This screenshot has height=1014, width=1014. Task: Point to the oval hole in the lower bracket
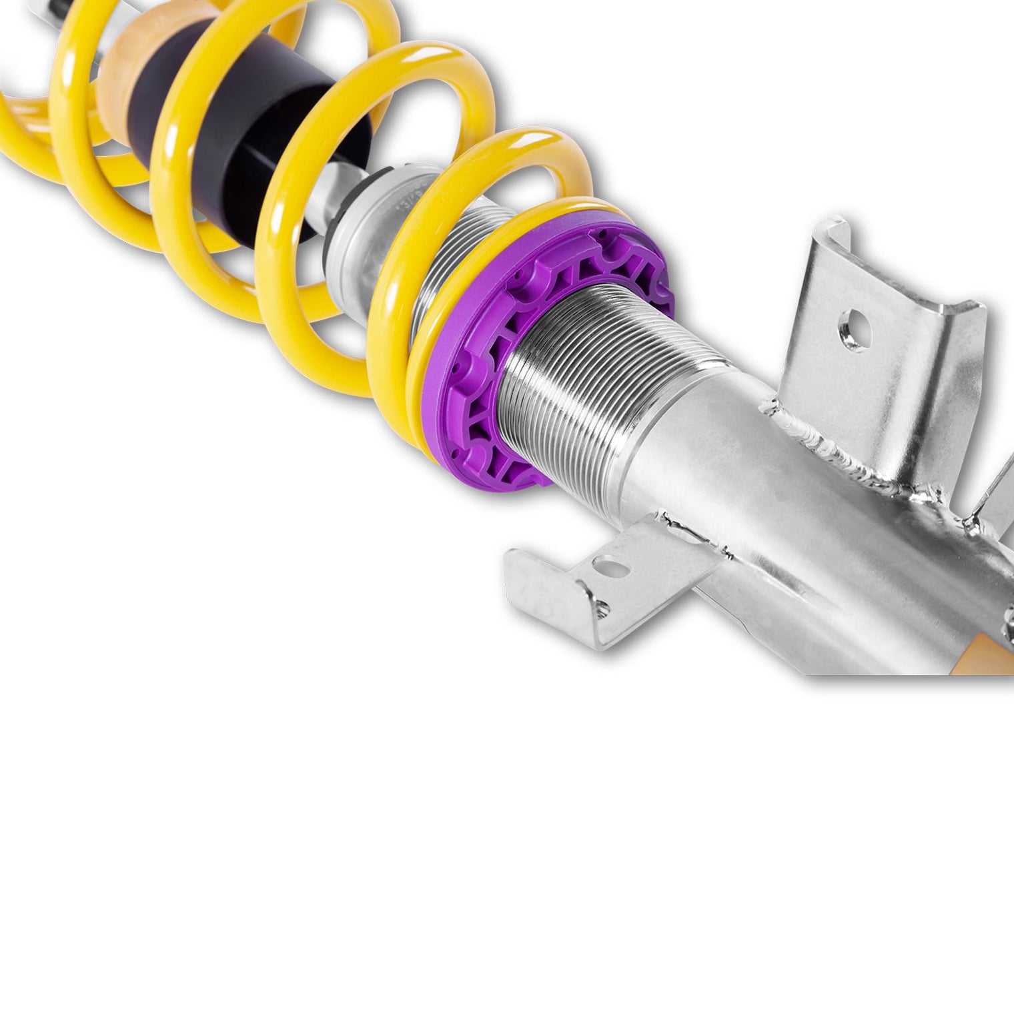(612, 568)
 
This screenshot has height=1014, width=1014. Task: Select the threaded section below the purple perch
(587, 387)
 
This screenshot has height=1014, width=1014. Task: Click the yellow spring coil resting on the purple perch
(427, 374)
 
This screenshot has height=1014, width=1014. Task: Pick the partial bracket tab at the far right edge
(997, 487)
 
